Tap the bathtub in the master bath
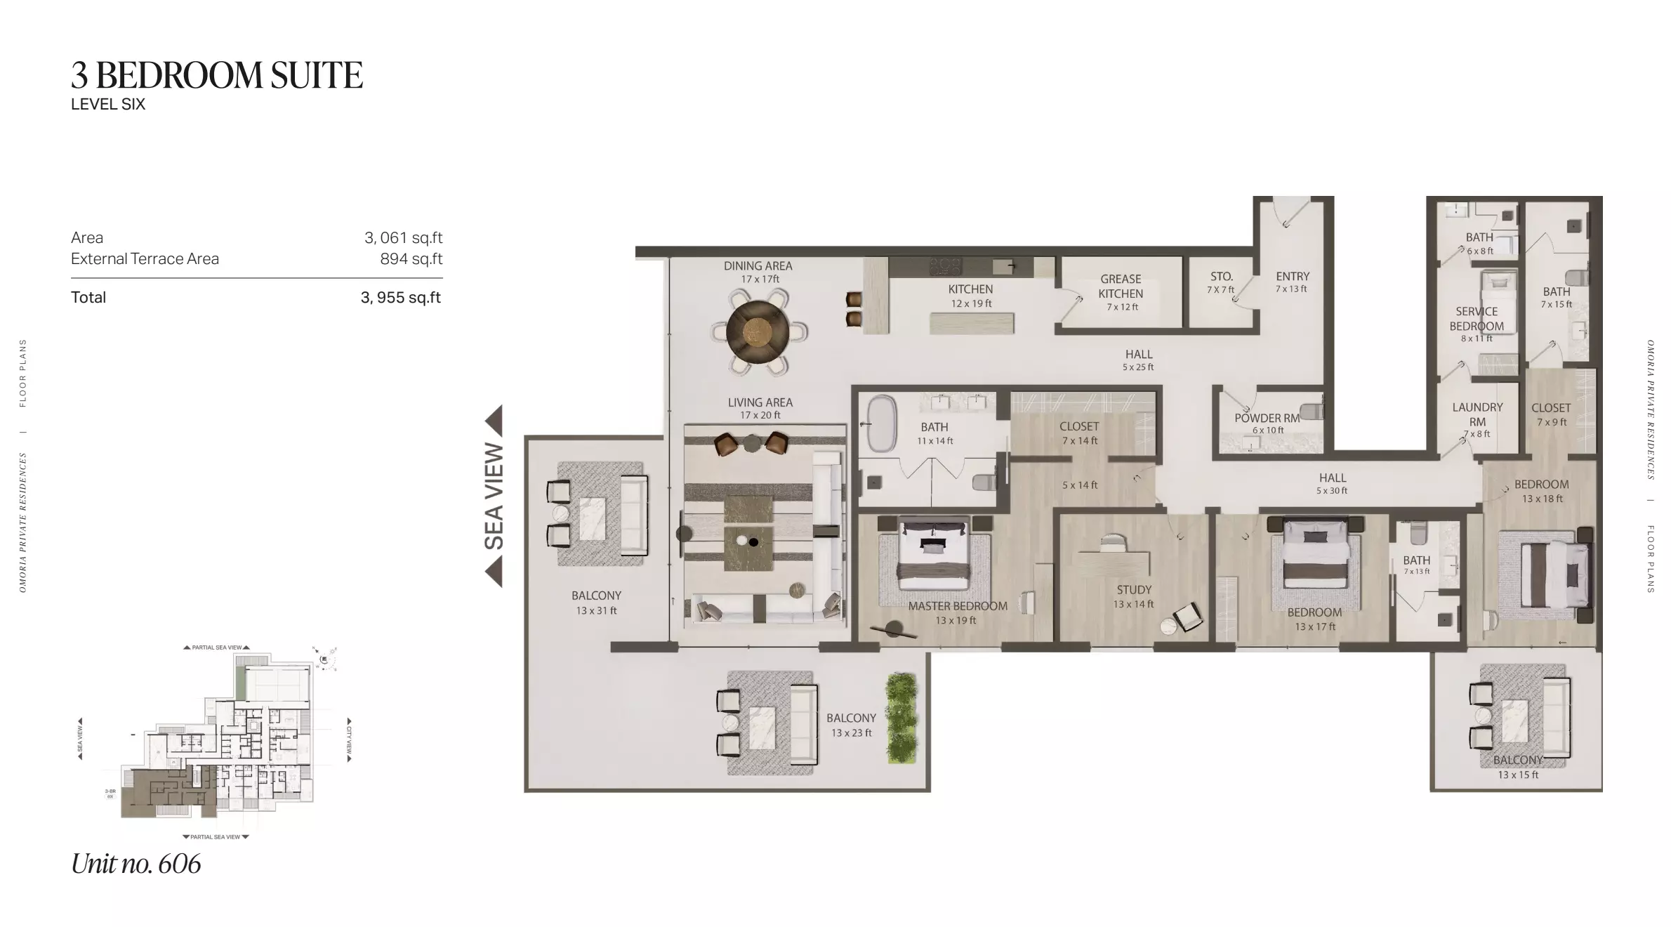pos(881,424)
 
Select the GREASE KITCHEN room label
pos(1121,287)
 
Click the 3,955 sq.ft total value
pos(400,298)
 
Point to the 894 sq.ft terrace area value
pos(411,259)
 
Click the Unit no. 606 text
pos(136,864)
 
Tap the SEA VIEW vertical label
pos(494,496)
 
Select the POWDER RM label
pos(1267,419)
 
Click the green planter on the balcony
pos(901,718)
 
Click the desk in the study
pos(1114,562)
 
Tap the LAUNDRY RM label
pos(1477,414)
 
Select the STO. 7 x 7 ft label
pos(1221,282)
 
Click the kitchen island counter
pos(972,323)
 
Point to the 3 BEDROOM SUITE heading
pos(217,75)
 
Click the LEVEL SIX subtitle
pos(108,105)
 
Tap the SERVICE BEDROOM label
pos(1477,319)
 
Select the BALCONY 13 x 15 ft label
pos(1518,767)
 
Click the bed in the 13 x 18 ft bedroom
pos(1553,574)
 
